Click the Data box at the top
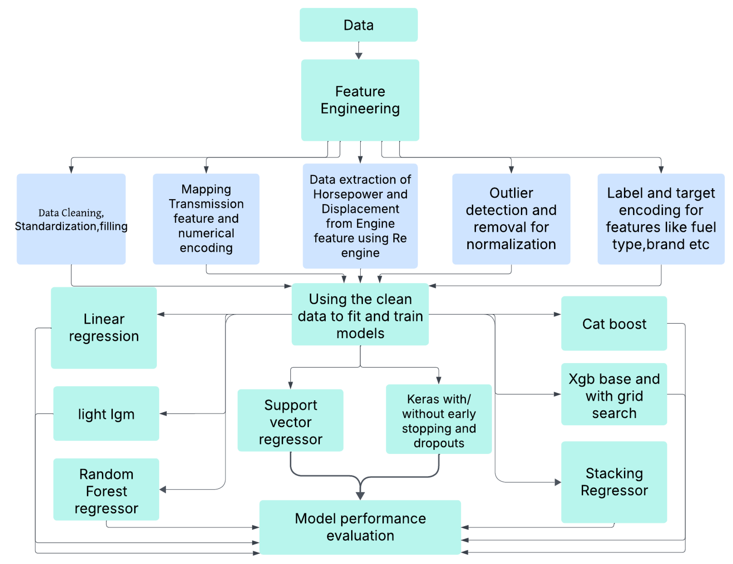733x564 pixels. click(x=358, y=25)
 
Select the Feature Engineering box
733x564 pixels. click(x=360, y=100)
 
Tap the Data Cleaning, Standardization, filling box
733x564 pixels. click(x=71, y=219)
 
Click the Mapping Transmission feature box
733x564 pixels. click(x=206, y=219)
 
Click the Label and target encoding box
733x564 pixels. click(x=661, y=219)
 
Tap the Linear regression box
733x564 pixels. click(x=104, y=328)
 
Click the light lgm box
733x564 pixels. click(x=106, y=414)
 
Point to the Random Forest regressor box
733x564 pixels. click(x=106, y=489)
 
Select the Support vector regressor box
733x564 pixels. click(x=290, y=420)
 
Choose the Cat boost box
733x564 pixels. click(x=614, y=323)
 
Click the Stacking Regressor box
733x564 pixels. click(x=614, y=482)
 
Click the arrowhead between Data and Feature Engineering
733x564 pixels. click(x=358, y=56)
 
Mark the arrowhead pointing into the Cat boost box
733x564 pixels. click(x=557, y=314)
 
